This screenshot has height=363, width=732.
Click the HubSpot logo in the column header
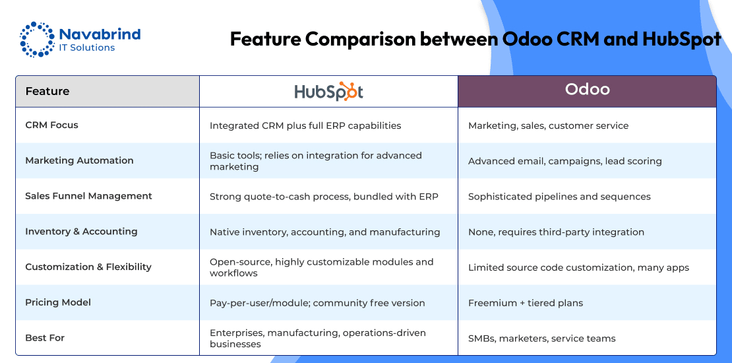pyautogui.click(x=328, y=91)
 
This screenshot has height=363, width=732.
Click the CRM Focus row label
pyautogui.click(x=52, y=125)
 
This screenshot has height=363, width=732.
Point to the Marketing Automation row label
pyautogui.click(x=79, y=160)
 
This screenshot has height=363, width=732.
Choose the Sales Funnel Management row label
pyautogui.click(x=89, y=196)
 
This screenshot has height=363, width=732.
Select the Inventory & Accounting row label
pyautogui.click(x=81, y=231)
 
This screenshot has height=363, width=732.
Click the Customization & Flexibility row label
pyautogui.click(x=88, y=267)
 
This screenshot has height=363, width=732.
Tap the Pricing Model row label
pyautogui.click(x=58, y=302)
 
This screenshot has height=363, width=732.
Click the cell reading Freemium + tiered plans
pyautogui.click(x=526, y=303)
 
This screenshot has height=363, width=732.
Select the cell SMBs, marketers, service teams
pyautogui.click(x=542, y=339)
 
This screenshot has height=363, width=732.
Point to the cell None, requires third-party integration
pyautogui.click(x=556, y=232)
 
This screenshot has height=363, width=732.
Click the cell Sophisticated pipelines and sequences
pyautogui.click(x=559, y=197)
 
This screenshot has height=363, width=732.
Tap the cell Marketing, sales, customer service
pyautogui.click(x=549, y=125)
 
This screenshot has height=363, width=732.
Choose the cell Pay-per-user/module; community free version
pyautogui.click(x=317, y=303)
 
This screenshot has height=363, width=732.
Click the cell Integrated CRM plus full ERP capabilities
pyautogui.click(x=305, y=125)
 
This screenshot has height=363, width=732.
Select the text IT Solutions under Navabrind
pyautogui.click(x=87, y=48)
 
